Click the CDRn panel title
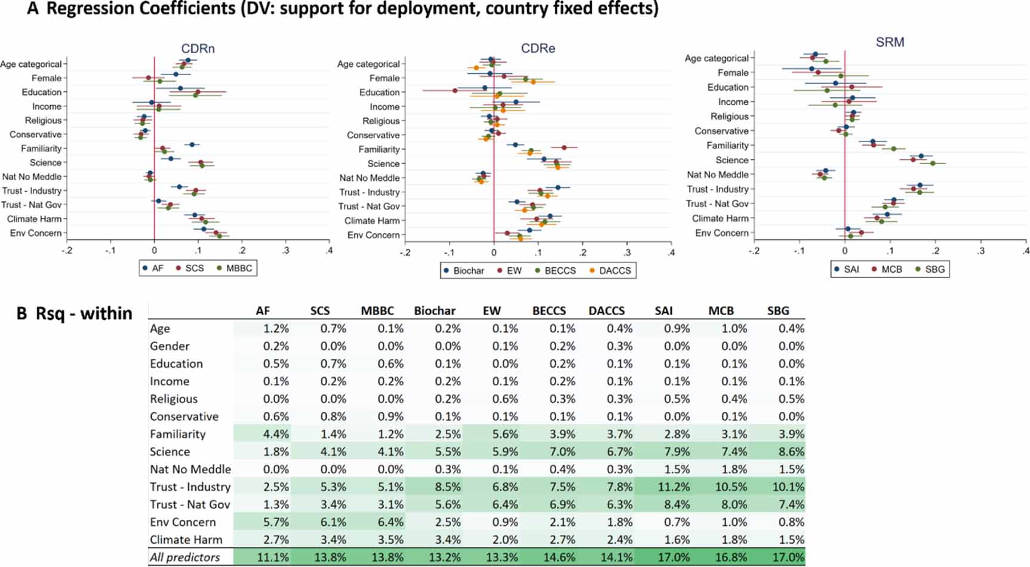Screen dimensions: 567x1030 tap(198, 48)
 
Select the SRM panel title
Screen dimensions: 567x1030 tap(890, 42)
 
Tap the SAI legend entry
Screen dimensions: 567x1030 tap(851, 269)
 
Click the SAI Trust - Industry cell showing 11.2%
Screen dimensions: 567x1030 tap(674, 487)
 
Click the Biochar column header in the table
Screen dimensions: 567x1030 tap(434, 310)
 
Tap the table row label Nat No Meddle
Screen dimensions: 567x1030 tap(190, 469)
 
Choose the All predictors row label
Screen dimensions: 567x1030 tap(184, 557)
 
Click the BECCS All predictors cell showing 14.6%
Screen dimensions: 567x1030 tap(559, 557)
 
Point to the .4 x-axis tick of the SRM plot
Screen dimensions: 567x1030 tap(1025, 251)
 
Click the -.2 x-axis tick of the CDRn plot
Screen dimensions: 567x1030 tap(67, 251)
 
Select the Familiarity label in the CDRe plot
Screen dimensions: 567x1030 tap(379, 149)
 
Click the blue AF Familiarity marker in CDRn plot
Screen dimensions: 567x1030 tap(192, 144)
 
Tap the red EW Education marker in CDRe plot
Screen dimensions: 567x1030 tap(455, 91)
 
